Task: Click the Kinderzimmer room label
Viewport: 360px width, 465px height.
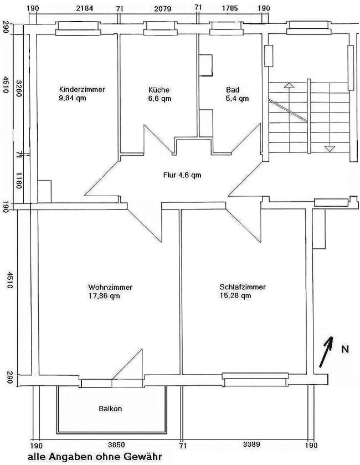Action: (82, 89)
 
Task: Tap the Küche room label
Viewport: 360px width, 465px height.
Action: (159, 90)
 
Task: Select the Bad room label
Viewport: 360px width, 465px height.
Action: (233, 90)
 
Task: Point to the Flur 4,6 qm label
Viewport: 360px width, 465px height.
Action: (182, 175)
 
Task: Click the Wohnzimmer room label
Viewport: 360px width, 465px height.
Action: (110, 287)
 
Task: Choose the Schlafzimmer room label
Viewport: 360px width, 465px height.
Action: (243, 287)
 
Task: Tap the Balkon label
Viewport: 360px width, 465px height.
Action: (110, 408)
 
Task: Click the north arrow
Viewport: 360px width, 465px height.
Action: (326, 352)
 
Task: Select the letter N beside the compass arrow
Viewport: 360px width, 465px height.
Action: (345, 349)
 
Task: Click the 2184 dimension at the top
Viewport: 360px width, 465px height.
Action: (84, 8)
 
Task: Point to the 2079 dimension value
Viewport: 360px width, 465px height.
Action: (163, 9)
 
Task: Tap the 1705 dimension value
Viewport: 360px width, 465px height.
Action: (230, 8)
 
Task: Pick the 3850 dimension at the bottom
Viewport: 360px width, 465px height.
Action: (116, 445)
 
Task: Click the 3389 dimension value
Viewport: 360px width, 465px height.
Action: (251, 444)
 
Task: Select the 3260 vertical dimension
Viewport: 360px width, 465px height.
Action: (18, 88)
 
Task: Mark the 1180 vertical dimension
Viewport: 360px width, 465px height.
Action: (18, 180)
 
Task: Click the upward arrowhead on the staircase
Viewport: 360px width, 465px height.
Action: (289, 85)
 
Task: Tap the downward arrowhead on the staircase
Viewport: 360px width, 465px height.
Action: (330, 149)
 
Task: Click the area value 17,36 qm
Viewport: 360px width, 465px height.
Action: (104, 295)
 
